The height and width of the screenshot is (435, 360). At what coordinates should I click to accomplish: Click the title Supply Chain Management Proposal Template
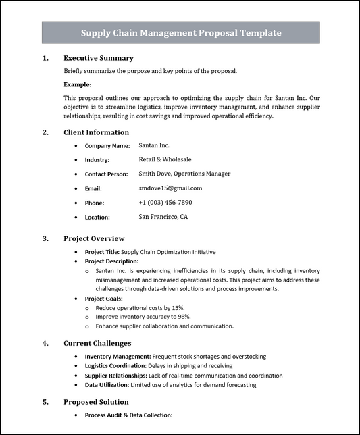point(181,32)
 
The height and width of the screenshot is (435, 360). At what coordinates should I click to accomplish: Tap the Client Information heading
point(96,132)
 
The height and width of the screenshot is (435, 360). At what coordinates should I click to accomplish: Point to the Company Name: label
point(107,145)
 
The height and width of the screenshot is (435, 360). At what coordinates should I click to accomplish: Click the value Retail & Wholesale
point(165,159)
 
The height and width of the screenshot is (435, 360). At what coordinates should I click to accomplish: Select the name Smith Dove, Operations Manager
point(184,174)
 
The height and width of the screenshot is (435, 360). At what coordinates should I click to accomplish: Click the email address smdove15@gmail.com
point(170,188)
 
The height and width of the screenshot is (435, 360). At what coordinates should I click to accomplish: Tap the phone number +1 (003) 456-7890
point(165,202)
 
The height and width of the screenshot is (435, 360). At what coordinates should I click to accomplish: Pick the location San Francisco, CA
point(163,217)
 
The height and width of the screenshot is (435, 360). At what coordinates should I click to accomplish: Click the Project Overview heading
point(94,238)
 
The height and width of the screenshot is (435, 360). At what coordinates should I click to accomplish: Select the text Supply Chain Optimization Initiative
point(168,252)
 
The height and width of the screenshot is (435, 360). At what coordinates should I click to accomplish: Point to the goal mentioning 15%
point(140,307)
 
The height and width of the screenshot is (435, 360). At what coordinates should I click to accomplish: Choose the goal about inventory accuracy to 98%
point(143,316)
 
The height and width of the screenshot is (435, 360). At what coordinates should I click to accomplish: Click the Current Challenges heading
point(97,343)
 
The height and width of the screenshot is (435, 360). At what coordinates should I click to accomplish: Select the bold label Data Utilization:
point(107,384)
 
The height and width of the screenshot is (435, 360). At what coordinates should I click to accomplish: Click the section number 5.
point(46,401)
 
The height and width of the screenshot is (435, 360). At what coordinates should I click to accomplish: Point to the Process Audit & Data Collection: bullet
point(128,415)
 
